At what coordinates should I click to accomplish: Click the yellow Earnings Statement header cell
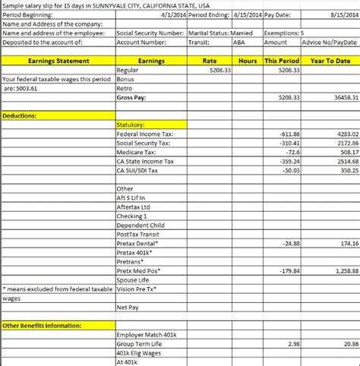(x=58, y=61)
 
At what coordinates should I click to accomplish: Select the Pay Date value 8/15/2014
(x=340, y=14)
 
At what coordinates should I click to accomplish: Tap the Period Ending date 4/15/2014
(x=243, y=14)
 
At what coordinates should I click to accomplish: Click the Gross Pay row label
(x=131, y=98)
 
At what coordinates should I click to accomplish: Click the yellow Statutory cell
(x=131, y=125)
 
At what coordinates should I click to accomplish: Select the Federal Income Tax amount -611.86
(x=290, y=134)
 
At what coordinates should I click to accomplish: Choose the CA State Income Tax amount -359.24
(x=290, y=161)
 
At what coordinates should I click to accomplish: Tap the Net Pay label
(x=127, y=308)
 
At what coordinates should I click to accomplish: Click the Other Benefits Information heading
(x=43, y=326)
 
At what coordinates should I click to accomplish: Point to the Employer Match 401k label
(x=147, y=335)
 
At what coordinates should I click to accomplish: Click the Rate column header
(x=211, y=61)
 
